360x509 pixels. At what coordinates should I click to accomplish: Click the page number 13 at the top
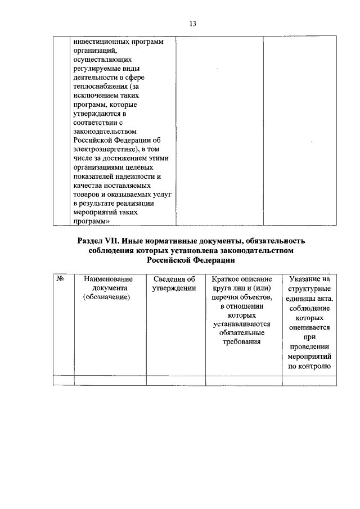click(192, 24)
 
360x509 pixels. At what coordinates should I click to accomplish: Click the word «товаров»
click(86, 193)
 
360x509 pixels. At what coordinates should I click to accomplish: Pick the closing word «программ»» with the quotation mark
click(91, 222)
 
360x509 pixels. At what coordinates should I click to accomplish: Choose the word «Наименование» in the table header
click(110, 279)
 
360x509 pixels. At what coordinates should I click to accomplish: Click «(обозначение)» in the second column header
click(110, 297)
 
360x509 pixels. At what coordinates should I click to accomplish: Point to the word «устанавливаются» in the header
click(243, 324)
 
